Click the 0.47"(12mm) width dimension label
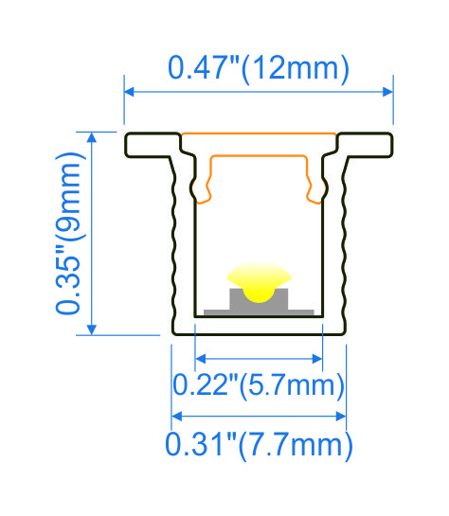258,68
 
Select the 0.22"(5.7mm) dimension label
258,385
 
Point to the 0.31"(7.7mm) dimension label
259,442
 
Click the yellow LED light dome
259,278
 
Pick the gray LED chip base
259,301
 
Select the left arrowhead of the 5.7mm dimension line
200,359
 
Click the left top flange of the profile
152,145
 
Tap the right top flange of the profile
367,145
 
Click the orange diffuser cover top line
259,133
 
